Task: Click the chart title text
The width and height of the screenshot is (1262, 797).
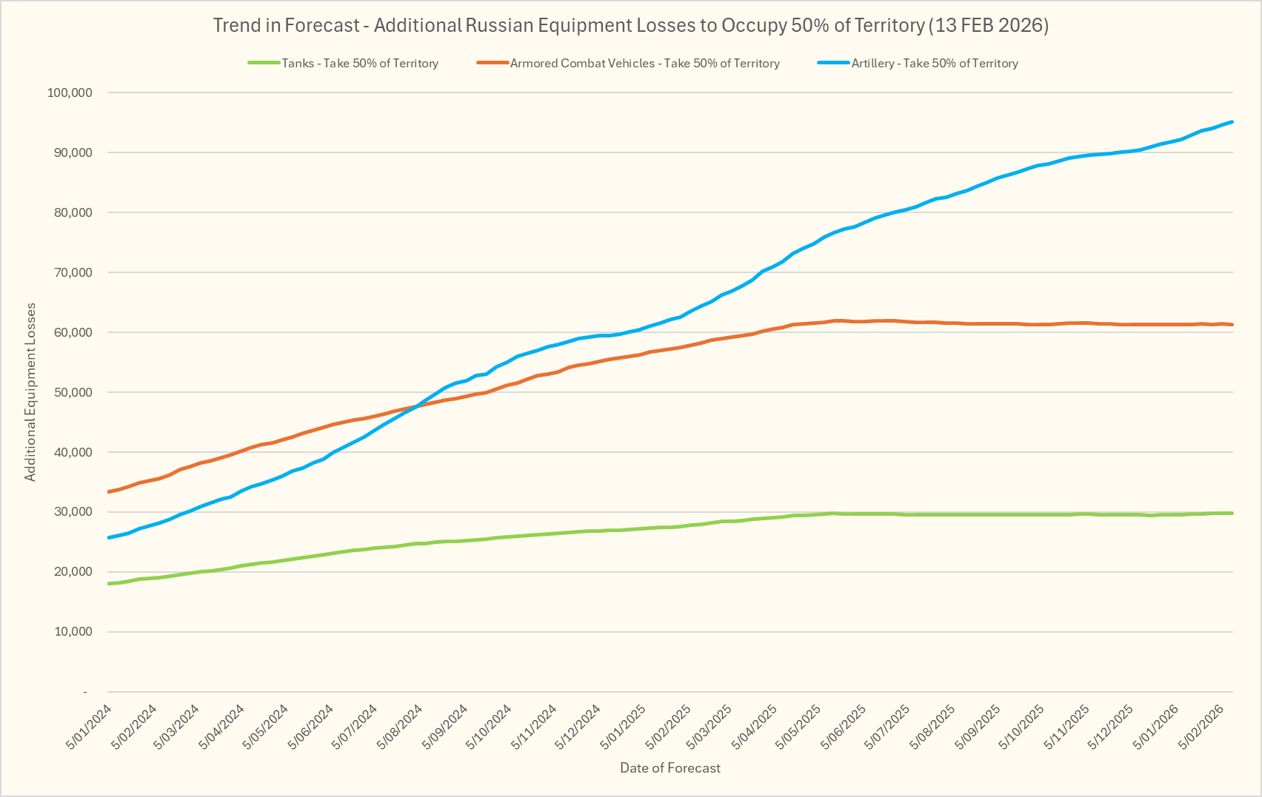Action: (630, 25)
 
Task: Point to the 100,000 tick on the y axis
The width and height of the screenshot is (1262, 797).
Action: (70, 93)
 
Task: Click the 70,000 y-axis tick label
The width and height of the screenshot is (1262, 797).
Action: (70, 272)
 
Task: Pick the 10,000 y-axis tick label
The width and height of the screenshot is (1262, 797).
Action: (70, 632)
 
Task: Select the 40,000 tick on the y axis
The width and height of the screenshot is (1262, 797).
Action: (70, 452)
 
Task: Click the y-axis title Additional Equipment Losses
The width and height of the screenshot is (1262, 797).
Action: (30, 392)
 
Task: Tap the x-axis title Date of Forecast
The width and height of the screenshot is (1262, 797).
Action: (670, 768)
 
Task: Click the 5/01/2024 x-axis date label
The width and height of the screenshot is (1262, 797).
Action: (90, 727)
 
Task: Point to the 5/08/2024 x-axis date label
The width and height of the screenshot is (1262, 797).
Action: (401, 727)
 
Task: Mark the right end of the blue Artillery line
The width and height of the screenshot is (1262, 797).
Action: (1232, 121)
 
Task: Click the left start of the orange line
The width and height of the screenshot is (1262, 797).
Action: (110, 491)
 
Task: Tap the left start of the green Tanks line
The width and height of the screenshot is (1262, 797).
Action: (110, 583)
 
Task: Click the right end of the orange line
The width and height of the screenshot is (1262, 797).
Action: (1232, 324)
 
